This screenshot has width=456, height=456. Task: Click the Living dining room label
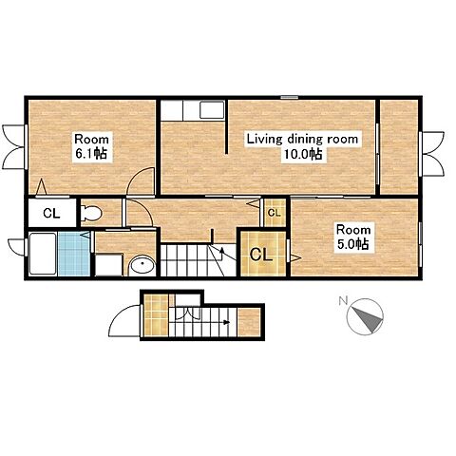[302, 139]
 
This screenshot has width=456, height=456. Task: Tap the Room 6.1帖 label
[91, 146]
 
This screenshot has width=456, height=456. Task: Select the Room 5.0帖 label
[353, 237]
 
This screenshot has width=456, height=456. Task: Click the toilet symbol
[91, 213]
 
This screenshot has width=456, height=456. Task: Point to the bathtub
[43, 254]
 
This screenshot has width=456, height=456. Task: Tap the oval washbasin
[142, 265]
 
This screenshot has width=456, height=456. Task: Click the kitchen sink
[212, 110]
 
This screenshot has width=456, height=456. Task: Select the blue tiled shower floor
[74, 254]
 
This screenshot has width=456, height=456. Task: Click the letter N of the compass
[343, 300]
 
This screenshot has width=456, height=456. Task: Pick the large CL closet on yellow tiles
[261, 255]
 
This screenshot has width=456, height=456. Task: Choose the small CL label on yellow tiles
[275, 213]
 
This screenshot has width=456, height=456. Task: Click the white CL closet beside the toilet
[51, 213]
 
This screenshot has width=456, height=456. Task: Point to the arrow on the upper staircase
[221, 253]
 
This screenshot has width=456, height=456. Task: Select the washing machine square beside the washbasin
[109, 265]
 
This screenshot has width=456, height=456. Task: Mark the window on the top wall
[290, 97]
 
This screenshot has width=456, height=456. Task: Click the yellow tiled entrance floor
[156, 315]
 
